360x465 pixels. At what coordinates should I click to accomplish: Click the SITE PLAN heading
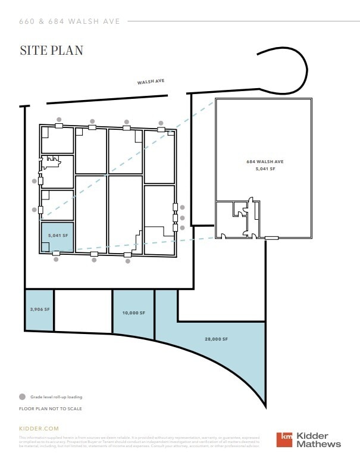pos(51,50)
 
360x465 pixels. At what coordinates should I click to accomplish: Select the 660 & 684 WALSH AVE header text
pos(70,21)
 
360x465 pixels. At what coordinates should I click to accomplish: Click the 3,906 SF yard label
pos(39,310)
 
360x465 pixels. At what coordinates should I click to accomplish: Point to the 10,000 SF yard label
pos(134,312)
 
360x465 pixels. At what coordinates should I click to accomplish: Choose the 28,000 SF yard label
pos(217,339)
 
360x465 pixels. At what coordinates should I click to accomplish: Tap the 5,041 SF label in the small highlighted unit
pos(58,236)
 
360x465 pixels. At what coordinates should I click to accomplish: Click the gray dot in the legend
pos(22,397)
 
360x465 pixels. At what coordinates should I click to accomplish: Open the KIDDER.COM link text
pos(39,428)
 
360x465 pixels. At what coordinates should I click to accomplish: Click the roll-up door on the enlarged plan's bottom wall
pos(272,238)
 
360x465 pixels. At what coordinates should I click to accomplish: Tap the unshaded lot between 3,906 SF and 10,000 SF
pos(83,311)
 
